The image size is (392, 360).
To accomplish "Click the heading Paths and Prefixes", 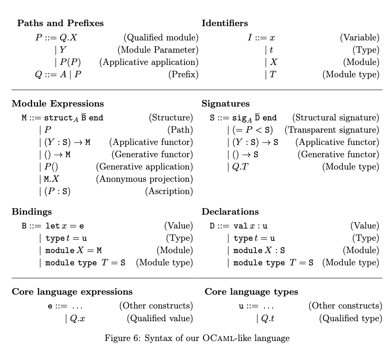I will (60, 23).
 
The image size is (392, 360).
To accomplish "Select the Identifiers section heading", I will (225, 23).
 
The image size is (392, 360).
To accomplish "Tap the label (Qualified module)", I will (161, 38).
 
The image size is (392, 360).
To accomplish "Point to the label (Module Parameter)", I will (158, 50).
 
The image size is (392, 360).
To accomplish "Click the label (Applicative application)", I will (148, 62).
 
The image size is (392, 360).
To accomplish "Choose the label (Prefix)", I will (183, 74).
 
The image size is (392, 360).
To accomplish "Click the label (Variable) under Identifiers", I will (360, 38).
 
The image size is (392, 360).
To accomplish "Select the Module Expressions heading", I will (58, 104).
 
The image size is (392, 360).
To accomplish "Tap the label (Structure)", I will (171, 118).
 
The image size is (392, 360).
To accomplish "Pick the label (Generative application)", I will (144, 167).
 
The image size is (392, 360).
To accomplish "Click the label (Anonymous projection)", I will (144, 179).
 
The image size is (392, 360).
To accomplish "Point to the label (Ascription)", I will (169, 191).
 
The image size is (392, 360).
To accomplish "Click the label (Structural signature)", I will (335, 118).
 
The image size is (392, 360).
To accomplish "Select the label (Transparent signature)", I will (332, 130).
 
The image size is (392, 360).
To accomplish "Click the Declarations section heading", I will (230, 212).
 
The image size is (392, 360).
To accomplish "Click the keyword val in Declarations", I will (240, 226).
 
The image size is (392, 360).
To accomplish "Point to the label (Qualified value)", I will (160, 318).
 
